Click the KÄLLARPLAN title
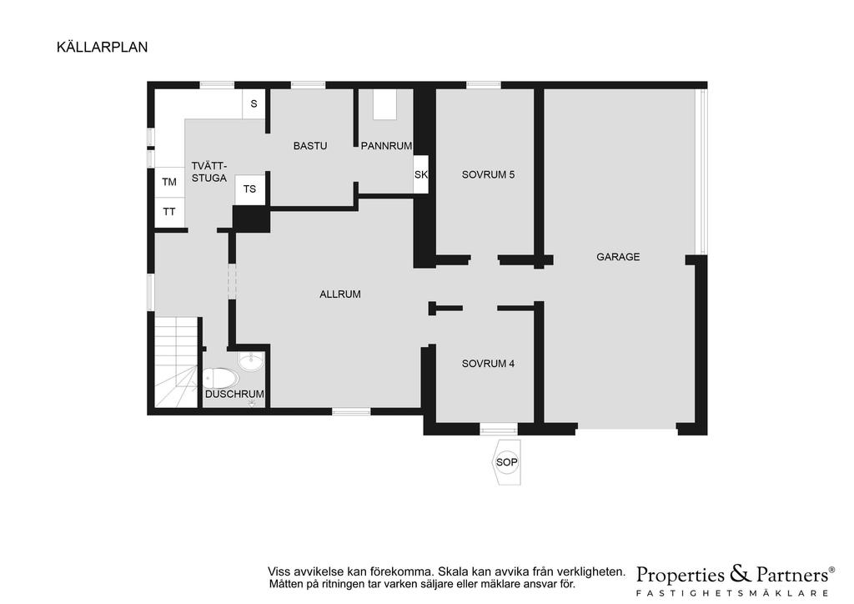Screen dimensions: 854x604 103,48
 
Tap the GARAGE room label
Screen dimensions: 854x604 618,256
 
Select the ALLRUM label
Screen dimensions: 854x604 340,294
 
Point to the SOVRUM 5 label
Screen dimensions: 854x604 488,175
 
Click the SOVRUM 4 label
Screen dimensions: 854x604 488,363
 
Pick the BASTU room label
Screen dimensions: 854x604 310,146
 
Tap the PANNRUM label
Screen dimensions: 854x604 386,146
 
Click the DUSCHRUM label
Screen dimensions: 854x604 234,394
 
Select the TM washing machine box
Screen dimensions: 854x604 169,182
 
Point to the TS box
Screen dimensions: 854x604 249,189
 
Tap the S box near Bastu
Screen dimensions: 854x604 254,103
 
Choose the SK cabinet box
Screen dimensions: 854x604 420,175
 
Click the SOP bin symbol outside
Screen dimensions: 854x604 506,462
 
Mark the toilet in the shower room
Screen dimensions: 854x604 220,378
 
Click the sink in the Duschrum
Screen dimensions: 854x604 251,361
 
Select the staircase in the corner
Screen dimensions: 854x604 176,362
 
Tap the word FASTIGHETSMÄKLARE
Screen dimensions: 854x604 732,593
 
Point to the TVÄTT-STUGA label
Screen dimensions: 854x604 209,172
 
